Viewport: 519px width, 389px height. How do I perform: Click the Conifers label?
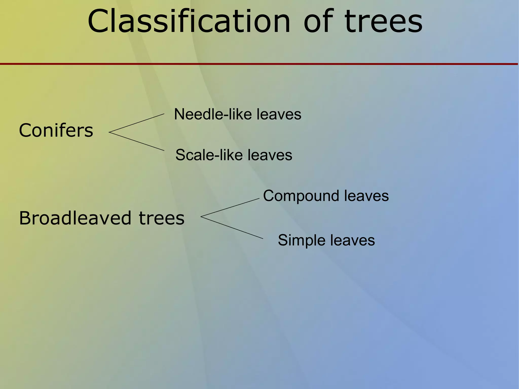pyautogui.click(x=56, y=130)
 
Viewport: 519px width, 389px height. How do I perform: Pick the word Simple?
pyautogui.click(x=301, y=240)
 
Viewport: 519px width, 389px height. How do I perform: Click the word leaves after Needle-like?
pyautogui.click(x=279, y=114)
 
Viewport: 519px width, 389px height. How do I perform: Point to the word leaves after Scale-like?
pyautogui.click(x=270, y=155)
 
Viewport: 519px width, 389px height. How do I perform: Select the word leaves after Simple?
pyautogui.click(x=352, y=240)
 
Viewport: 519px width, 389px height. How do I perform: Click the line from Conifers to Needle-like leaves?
pyautogui.click(x=137, y=123)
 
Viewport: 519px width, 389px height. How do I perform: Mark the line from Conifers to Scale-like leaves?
pyautogui.click(x=137, y=141)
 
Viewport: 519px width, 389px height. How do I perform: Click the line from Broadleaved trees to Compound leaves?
pyautogui.click(x=230, y=208)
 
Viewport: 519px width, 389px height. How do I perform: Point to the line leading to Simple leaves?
pyautogui.click(x=232, y=228)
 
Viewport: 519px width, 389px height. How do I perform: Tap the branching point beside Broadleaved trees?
pyautogui.click(x=201, y=216)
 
